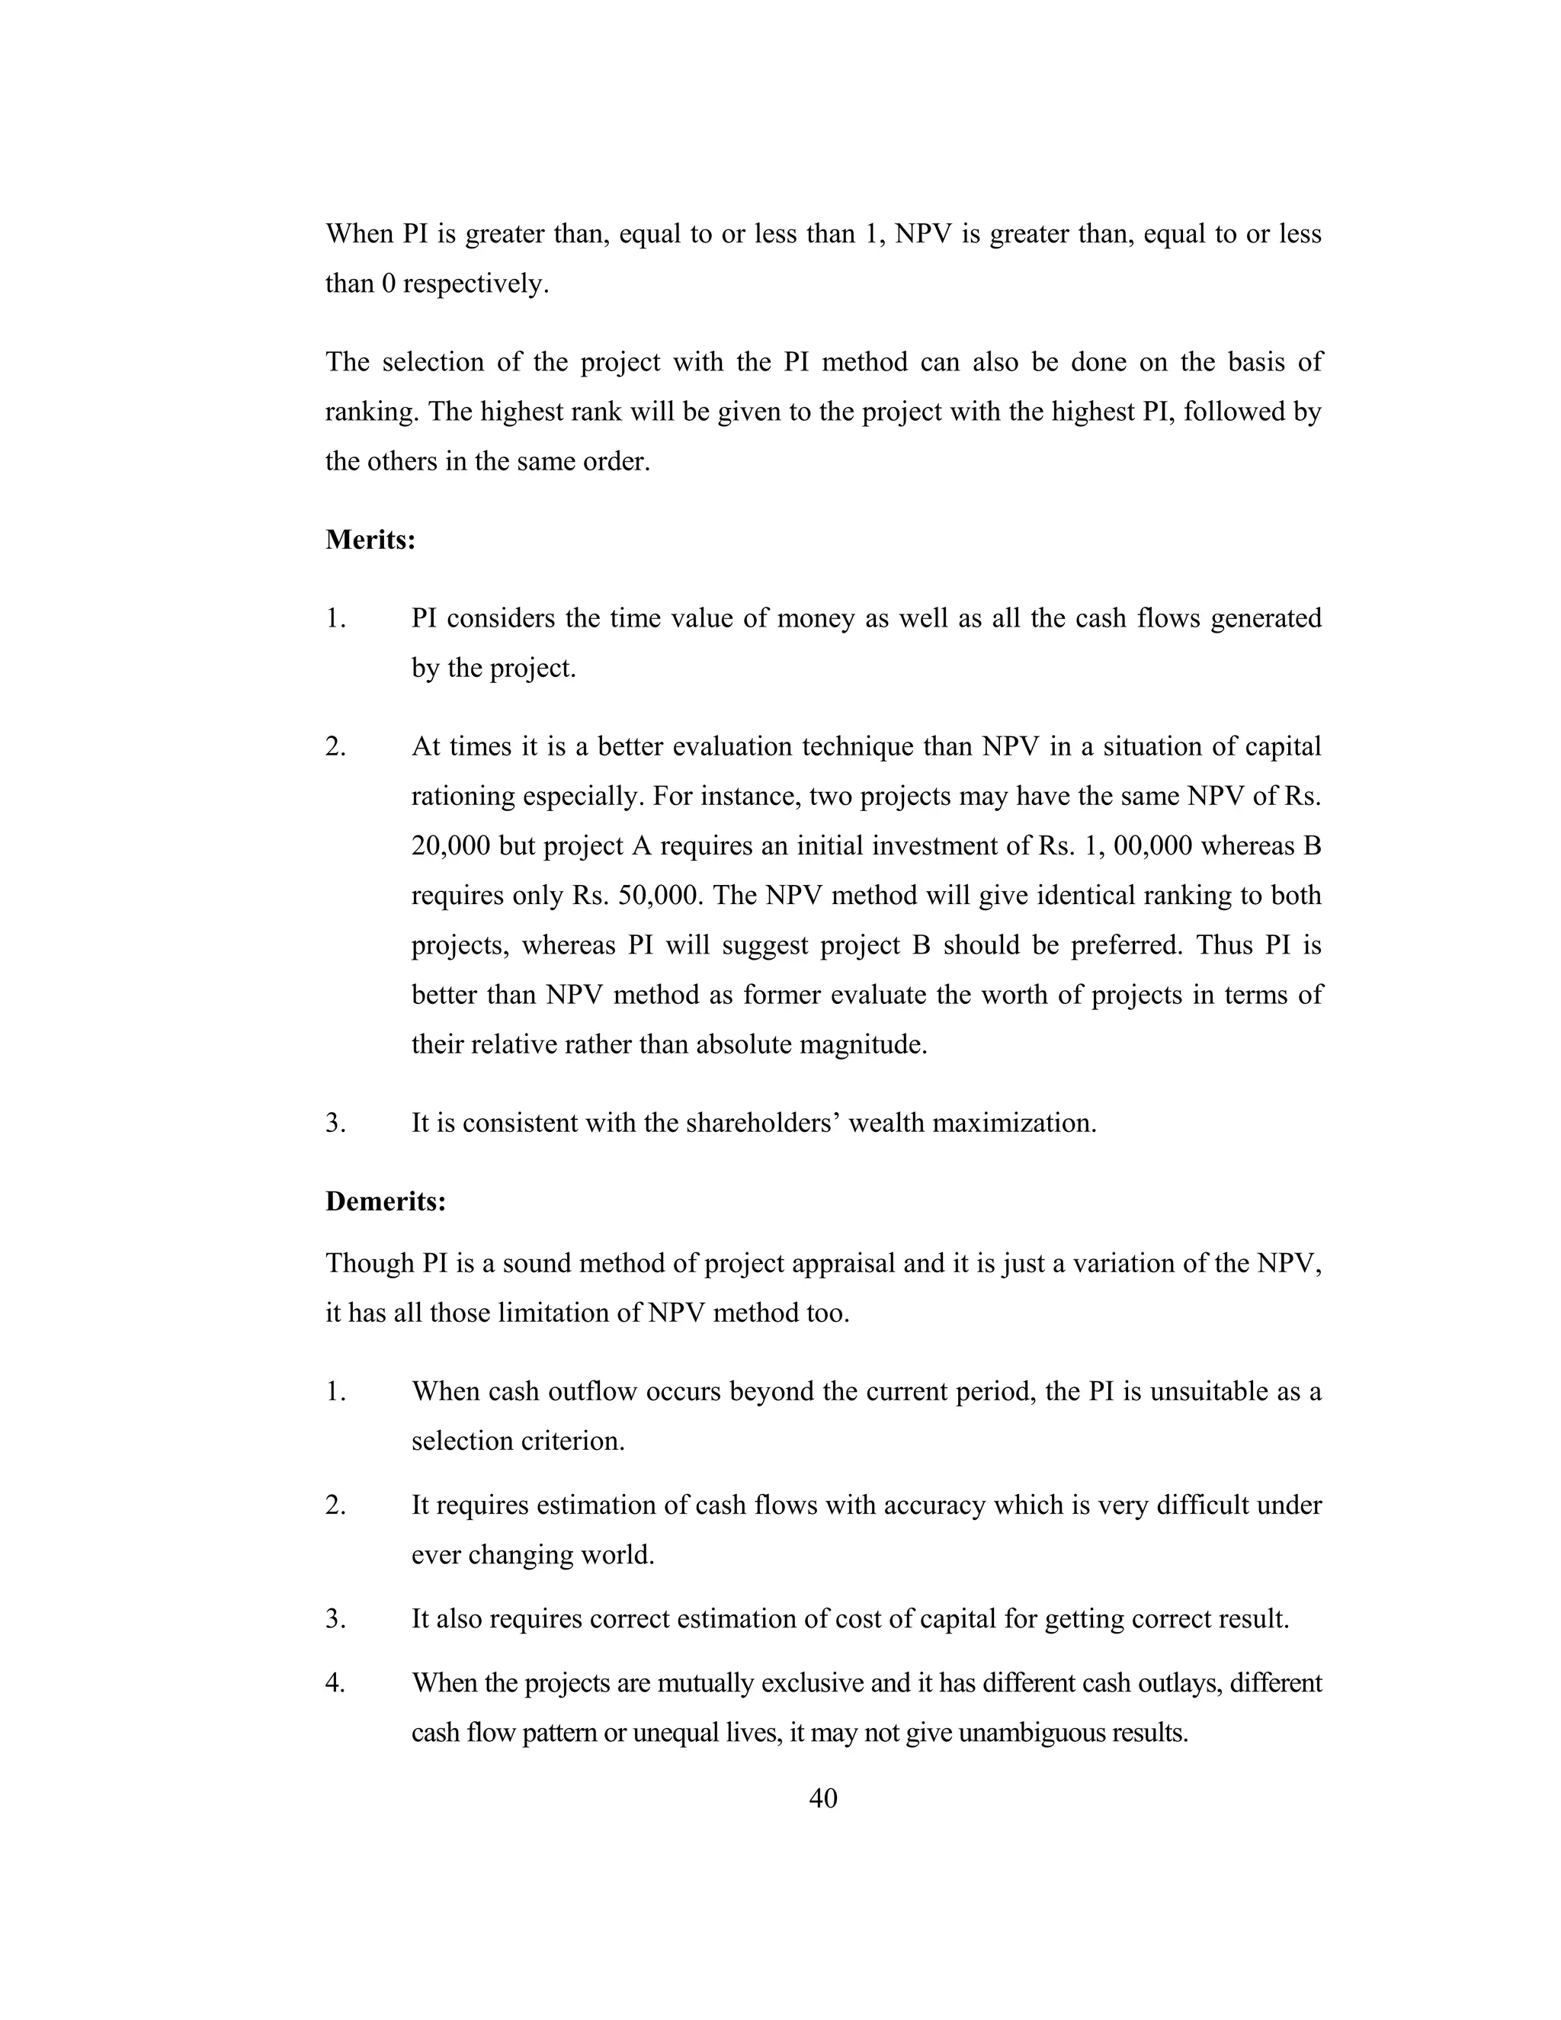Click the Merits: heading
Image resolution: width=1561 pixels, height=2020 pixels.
(370, 539)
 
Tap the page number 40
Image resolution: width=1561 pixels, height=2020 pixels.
(823, 1797)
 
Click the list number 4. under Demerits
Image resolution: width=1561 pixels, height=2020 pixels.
(335, 1682)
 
